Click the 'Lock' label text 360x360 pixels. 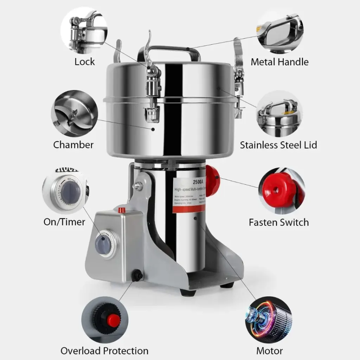pyautogui.click(x=85, y=62)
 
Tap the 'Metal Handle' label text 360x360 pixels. pyautogui.click(x=279, y=62)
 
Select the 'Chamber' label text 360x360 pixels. pyautogui.click(x=73, y=144)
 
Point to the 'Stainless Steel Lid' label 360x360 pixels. pyautogui.click(x=278, y=145)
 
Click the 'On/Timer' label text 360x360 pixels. pyautogui.click(x=64, y=222)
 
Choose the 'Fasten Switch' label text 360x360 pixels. pyautogui.click(x=279, y=222)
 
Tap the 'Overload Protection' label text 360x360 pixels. pyautogui.click(x=104, y=351)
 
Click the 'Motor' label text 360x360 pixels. pyautogui.click(x=269, y=351)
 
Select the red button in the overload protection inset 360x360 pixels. pyautogui.click(x=113, y=320)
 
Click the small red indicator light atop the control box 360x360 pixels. pyautogui.click(x=122, y=210)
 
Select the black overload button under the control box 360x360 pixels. pyautogui.click(x=137, y=275)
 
